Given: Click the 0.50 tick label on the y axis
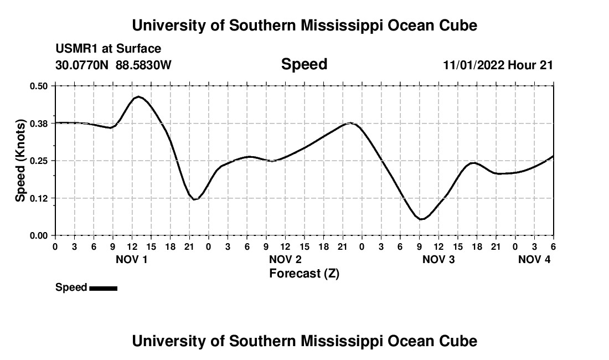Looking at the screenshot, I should click(x=39, y=86).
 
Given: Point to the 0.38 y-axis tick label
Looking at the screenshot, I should click(x=39, y=123).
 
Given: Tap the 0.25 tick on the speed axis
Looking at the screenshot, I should click(x=39, y=161).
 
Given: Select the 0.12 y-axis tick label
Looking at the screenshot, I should click(x=39, y=198).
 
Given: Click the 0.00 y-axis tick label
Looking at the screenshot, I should click(x=39, y=236).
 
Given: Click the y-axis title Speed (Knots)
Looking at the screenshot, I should click(x=20, y=161).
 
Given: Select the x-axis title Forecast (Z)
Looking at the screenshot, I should click(x=304, y=273).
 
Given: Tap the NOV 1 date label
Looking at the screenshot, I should click(x=131, y=259).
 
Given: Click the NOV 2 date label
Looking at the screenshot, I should click(x=285, y=259).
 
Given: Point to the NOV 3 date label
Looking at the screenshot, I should click(x=438, y=259).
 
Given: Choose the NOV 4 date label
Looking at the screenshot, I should click(x=534, y=259).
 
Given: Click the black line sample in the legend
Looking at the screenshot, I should click(x=103, y=288).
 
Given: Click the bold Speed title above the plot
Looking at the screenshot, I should click(x=304, y=64).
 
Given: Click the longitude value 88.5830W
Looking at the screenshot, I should click(x=143, y=65).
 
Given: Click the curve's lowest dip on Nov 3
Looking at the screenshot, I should click(x=421, y=219).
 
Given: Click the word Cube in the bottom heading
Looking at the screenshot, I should click(x=459, y=341).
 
